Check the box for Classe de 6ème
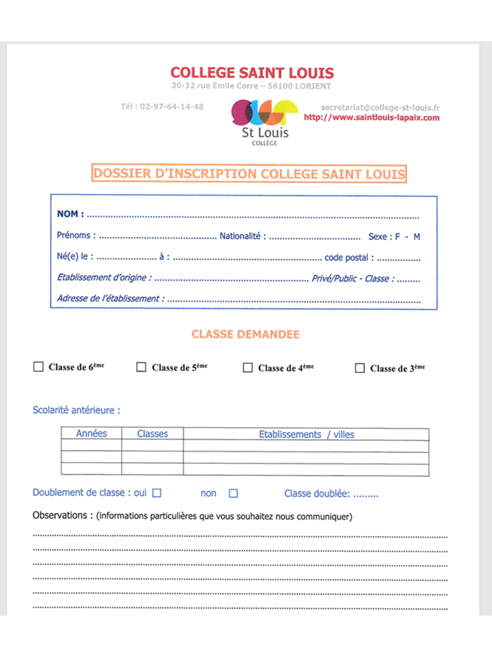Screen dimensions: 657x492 coord(38,366)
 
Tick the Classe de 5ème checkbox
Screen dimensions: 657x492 coord(141,367)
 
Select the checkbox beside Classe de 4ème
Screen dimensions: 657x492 coord(248,368)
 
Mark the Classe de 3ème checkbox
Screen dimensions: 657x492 coord(360,368)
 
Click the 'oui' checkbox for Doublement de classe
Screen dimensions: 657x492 coord(157,493)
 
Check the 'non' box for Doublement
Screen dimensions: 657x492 coord(233,493)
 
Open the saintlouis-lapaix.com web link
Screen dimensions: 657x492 coord(371,117)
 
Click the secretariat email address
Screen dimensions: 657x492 coord(380,107)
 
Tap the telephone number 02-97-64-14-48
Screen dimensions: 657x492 coord(171,107)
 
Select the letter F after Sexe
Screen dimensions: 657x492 coord(397,236)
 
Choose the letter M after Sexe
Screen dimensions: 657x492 coord(417,236)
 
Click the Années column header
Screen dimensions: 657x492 coord(91,433)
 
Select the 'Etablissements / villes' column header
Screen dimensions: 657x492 coord(306,434)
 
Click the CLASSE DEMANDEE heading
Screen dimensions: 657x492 coord(245,334)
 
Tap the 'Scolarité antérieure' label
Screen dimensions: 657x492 coord(76,410)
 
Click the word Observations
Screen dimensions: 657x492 coord(60,515)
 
